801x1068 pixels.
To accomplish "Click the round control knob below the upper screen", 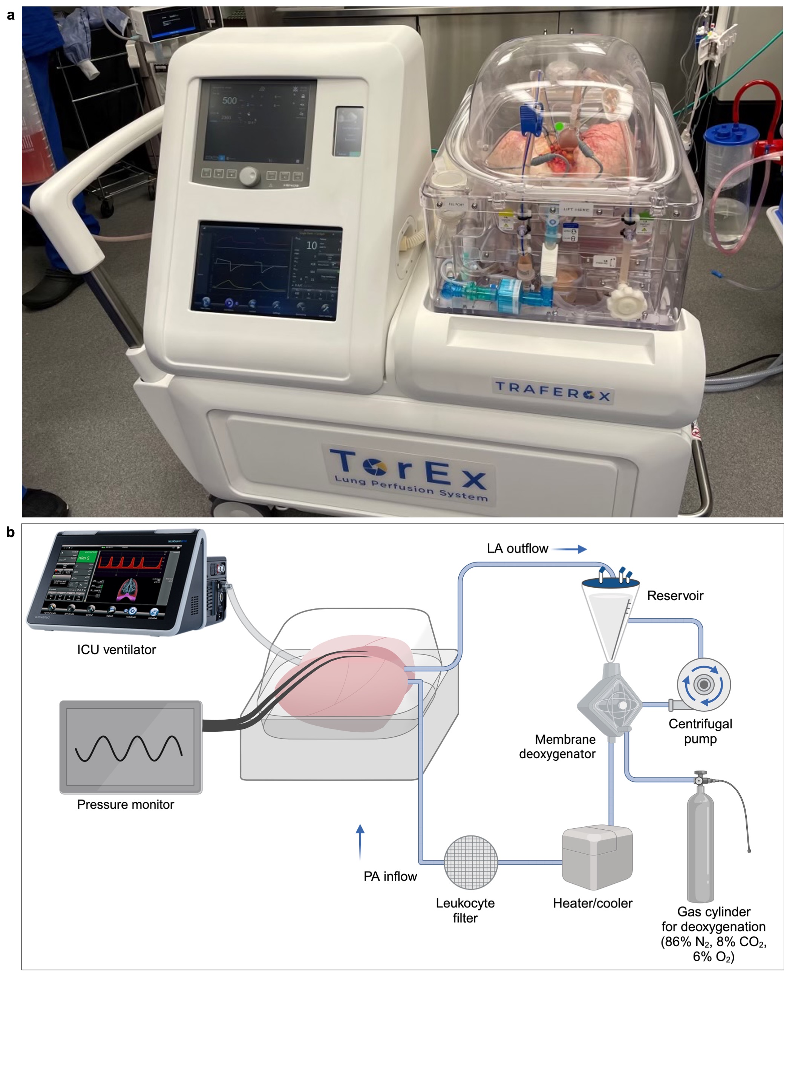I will [x=249, y=176].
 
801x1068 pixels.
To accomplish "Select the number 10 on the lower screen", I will [x=311, y=245].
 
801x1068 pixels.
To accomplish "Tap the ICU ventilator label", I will [x=116, y=650].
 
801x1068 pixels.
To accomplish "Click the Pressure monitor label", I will [x=126, y=804].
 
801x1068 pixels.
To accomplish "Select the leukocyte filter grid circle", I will [x=470, y=862].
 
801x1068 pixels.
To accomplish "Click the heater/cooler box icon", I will [x=597, y=859].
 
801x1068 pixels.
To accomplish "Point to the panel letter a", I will [x=10, y=16].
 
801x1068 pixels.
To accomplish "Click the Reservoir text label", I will [x=675, y=595].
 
